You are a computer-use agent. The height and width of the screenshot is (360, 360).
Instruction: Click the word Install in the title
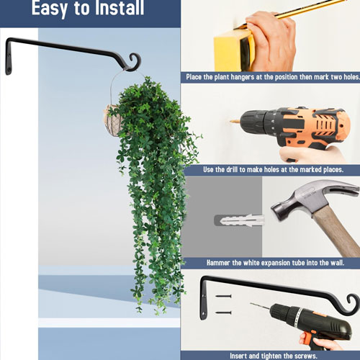120,8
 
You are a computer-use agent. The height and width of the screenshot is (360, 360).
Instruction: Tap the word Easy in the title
50,9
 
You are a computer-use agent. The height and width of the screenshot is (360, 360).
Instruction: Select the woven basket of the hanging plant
113,121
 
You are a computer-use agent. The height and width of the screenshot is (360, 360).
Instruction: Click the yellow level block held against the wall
233,52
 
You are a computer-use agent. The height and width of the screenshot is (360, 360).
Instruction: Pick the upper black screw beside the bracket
223,296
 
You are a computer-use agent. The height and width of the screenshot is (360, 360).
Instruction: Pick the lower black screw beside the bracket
223,312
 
